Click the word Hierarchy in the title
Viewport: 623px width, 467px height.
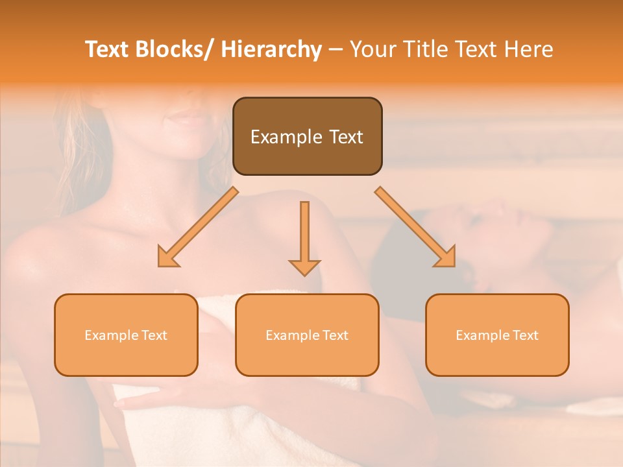point(271,49)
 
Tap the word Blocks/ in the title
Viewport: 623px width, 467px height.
point(175,49)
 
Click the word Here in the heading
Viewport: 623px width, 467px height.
point(530,49)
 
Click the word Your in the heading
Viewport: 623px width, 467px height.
point(373,49)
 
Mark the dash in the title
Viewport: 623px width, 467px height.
point(336,51)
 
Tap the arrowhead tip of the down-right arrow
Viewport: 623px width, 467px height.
point(454,266)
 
